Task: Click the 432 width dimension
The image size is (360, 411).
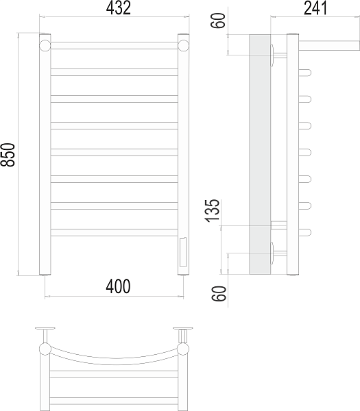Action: (x=119, y=8)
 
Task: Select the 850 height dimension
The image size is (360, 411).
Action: (x=8, y=155)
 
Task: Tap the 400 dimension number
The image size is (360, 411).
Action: (x=118, y=286)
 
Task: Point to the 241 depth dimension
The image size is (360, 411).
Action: (x=315, y=8)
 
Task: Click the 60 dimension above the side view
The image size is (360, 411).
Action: (x=218, y=21)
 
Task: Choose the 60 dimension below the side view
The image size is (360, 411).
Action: (x=219, y=294)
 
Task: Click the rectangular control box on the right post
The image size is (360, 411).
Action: (x=182, y=252)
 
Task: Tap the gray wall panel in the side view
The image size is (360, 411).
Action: (x=260, y=154)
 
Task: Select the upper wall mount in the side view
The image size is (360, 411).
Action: (x=278, y=55)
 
